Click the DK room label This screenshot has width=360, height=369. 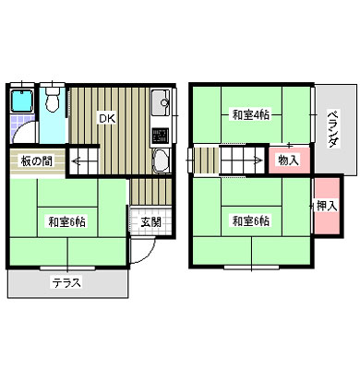pos(107,118)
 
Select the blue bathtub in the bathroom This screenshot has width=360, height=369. pos(22,101)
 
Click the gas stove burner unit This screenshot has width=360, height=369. pos(161,136)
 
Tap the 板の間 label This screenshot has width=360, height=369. pos(37,161)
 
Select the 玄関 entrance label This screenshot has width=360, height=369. pos(151,221)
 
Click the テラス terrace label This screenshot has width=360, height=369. pos(66,282)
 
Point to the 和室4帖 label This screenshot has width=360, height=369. pos(250,115)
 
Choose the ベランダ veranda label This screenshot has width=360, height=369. pos(333,129)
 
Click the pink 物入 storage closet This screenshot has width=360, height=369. pos(289,161)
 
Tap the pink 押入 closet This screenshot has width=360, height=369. pos(327,206)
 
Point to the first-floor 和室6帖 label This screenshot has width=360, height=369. pos(66,221)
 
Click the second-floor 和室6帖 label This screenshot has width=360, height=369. pos(251,221)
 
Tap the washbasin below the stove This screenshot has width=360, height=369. pos(162,161)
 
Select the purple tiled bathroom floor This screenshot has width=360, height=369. pos(22,129)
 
